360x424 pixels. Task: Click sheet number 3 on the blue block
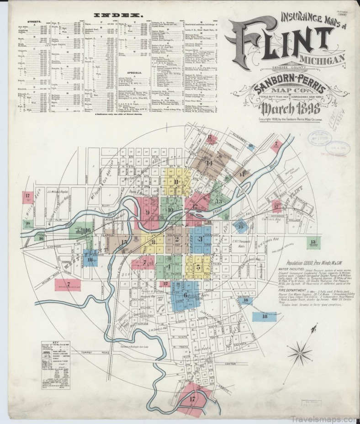200,238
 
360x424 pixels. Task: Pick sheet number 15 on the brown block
124,242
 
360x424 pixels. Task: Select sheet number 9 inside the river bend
148,212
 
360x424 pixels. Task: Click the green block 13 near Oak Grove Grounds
312,242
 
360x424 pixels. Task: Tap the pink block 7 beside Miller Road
68,284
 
